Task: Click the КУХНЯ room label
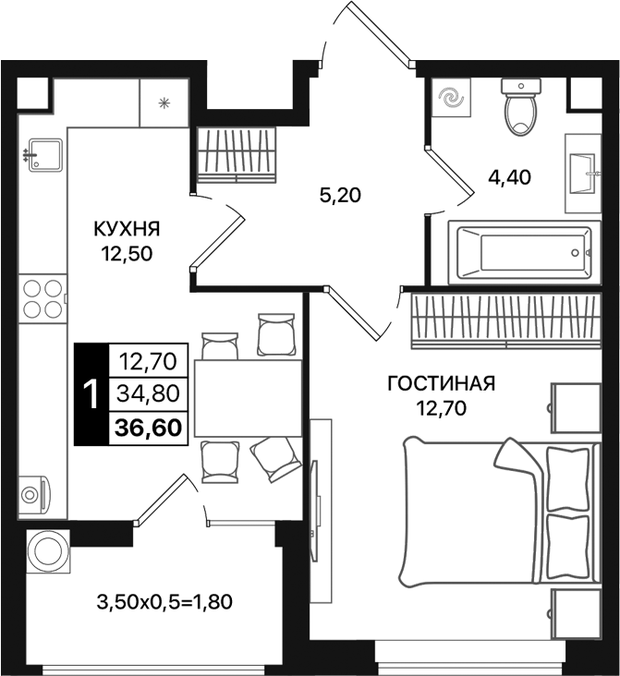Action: point(127,227)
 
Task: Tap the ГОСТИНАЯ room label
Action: point(442,383)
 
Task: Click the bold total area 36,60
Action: point(148,427)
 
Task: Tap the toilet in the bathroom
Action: point(522,109)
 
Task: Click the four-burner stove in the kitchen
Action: point(43,297)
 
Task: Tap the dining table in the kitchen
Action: point(247,398)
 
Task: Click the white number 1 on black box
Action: point(91,393)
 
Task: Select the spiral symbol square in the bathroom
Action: point(452,99)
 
